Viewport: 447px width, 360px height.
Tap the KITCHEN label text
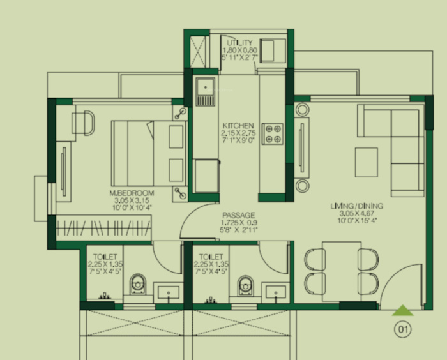(x=238, y=125)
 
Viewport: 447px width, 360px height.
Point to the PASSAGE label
(x=239, y=215)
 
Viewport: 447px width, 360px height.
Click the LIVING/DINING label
(x=356, y=206)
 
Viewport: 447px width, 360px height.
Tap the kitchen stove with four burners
(x=273, y=132)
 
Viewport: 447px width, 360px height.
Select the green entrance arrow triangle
(x=402, y=311)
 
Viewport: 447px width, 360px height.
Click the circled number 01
(x=402, y=330)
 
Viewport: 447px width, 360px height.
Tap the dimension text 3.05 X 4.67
(x=356, y=213)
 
